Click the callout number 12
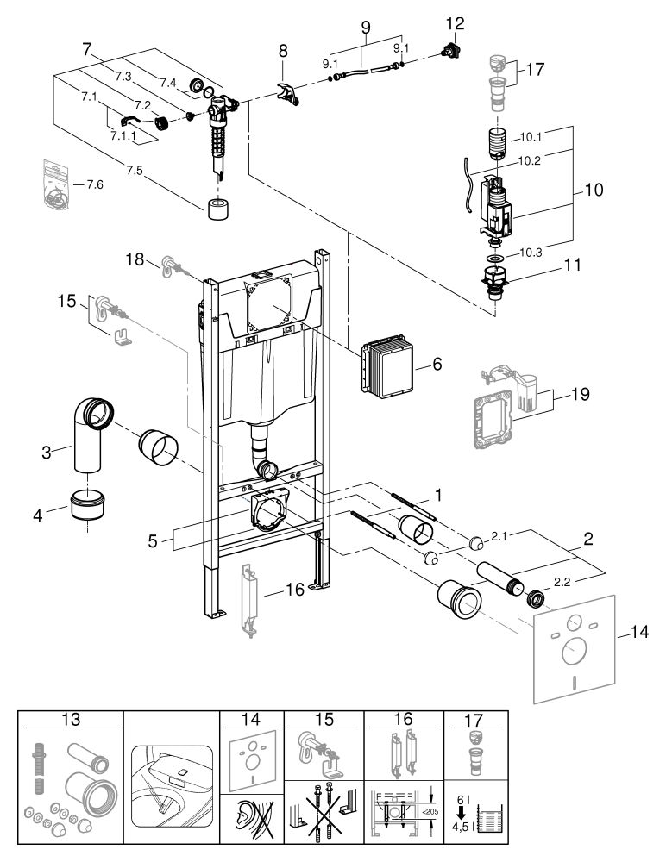[456, 23]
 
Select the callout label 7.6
[95, 184]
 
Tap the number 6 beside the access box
[437, 364]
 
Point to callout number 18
[135, 259]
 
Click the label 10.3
[531, 253]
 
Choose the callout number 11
[573, 265]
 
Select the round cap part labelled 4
[88, 505]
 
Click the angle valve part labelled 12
[451, 51]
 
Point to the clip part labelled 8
[288, 93]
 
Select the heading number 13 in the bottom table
[72, 719]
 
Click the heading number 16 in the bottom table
[403, 719]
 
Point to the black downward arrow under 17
[461, 813]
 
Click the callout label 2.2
[562, 582]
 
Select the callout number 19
[580, 394]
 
